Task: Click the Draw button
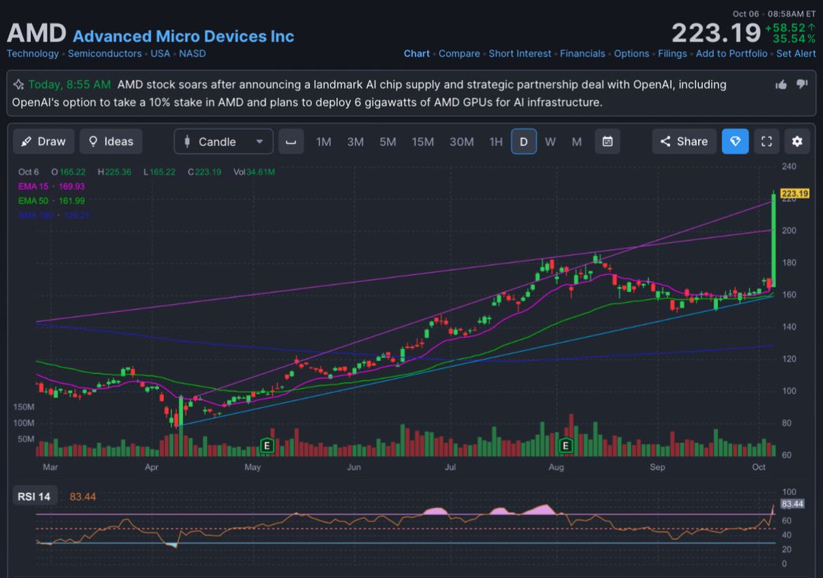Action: (x=43, y=141)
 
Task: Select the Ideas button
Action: (x=110, y=141)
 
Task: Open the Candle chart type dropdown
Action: (x=224, y=141)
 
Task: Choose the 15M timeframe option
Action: (x=422, y=141)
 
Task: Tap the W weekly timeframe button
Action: (x=550, y=141)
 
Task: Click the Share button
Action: (x=684, y=141)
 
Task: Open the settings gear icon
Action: (x=796, y=141)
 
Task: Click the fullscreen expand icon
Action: (x=767, y=141)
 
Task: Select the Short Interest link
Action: (x=519, y=53)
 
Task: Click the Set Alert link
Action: (x=796, y=53)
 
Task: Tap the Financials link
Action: (x=582, y=53)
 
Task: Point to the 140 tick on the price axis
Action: (x=789, y=327)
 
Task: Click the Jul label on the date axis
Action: (x=451, y=467)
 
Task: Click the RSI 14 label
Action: (x=34, y=496)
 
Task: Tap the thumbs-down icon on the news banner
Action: (x=802, y=84)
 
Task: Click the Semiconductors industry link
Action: (x=104, y=53)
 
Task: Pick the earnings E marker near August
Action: (x=566, y=446)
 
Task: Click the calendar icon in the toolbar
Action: (x=607, y=141)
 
